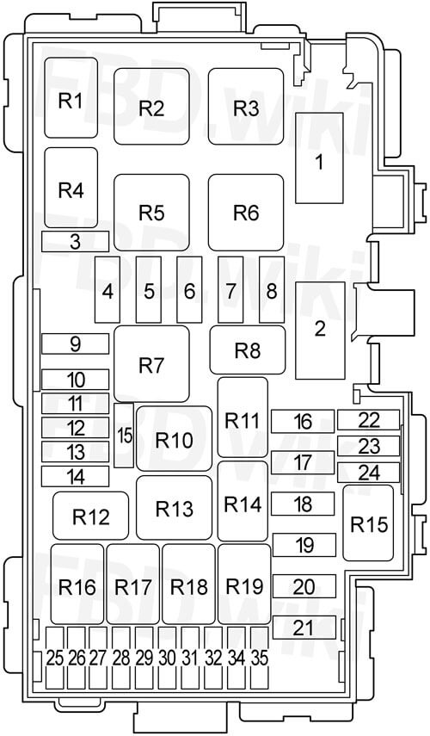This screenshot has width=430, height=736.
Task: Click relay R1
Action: (x=71, y=97)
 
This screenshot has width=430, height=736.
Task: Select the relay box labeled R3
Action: (x=246, y=106)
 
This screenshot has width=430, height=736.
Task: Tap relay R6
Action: (x=246, y=212)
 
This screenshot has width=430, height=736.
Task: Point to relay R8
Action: (x=248, y=349)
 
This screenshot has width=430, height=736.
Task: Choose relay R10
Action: (x=174, y=438)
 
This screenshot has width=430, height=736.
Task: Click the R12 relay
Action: (x=90, y=516)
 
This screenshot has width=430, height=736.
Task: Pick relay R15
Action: (x=368, y=523)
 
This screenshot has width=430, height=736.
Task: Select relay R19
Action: (x=244, y=584)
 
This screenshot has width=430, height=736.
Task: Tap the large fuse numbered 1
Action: (x=319, y=158)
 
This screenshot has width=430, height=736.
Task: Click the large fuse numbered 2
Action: (x=320, y=330)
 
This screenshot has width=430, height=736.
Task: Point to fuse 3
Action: (x=75, y=241)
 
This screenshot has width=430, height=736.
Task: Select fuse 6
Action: (x=189, y=289)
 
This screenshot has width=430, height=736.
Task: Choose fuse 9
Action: (x=75, y=343)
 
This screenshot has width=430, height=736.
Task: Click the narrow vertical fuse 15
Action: (x=124, y=435)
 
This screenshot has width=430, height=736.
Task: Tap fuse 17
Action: (x=303, y=462)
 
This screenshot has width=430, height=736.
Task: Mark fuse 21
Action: (x=304, y=627)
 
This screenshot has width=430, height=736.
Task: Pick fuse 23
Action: (x=369, y=446)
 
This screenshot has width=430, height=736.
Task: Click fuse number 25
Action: (x=55, y=657)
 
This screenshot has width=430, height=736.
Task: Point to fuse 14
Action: (x=75, y=476)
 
